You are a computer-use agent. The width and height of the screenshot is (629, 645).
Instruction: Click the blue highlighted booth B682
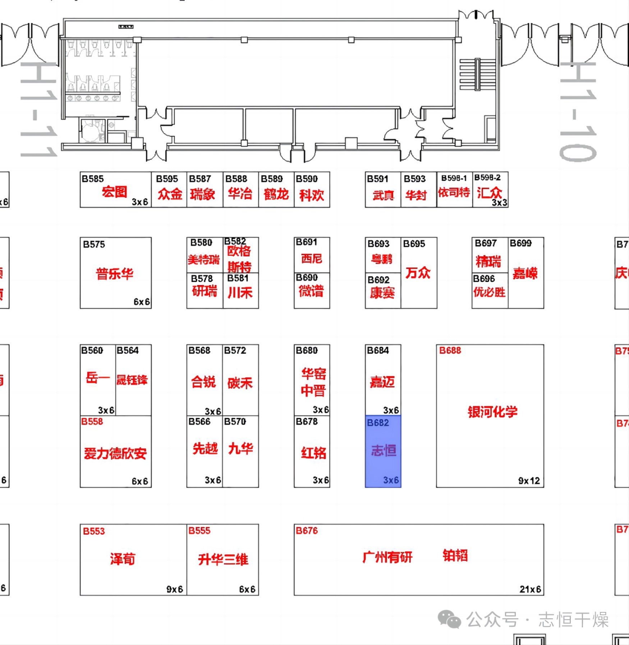pos(383,451)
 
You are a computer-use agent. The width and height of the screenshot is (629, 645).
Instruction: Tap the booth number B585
pos(93,179)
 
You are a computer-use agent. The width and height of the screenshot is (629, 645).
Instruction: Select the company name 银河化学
pos(492,412)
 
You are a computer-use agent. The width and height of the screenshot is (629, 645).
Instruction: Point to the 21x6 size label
pos(530,589)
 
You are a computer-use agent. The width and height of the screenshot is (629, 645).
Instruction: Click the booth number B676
pos(307,531)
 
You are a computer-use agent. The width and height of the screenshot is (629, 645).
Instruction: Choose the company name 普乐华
pos(115,274)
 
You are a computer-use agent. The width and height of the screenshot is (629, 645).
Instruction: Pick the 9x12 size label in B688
pos(529,481)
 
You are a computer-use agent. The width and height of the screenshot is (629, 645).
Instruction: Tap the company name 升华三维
pos(223,559)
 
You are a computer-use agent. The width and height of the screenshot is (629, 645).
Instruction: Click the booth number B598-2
pos(487,178)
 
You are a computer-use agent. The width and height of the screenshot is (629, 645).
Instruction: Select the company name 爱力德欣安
pos(115,454)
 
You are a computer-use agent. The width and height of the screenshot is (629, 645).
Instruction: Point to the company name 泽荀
pos(123,559)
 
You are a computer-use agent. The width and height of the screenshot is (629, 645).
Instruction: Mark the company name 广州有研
pos(387,557)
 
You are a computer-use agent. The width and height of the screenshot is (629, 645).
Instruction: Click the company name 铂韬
pos(455,556)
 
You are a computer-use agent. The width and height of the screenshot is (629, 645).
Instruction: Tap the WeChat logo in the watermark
pos(449,619)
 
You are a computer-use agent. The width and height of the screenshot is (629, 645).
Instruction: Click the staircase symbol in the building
pos(477,74)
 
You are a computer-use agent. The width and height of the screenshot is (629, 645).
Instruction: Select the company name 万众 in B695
pos(418,273)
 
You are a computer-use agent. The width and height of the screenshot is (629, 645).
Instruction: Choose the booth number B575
pos(94,245)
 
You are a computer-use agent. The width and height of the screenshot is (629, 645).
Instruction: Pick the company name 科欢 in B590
pos(312,195)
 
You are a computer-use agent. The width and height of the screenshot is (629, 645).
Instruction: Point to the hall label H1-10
pos(578,111)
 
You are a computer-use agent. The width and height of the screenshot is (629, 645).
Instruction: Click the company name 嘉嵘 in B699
pos(525,274)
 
